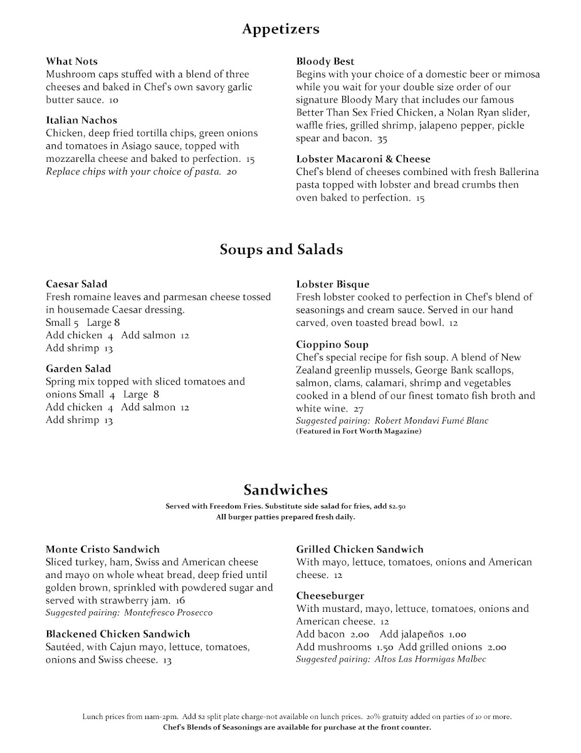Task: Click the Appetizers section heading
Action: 281,29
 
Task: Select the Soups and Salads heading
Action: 281,250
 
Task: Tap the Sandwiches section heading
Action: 285,489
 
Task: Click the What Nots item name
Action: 71,61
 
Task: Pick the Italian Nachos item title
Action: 81,120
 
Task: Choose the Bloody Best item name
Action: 325,61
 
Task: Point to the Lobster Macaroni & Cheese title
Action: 363,159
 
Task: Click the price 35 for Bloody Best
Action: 382,139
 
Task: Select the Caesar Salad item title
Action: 76,284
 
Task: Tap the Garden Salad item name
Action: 78,368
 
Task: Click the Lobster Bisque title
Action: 332,284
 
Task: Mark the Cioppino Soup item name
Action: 332,344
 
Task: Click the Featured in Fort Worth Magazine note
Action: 359,432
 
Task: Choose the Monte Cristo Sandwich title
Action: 103,549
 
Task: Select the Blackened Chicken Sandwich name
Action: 117,634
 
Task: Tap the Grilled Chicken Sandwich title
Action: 359,549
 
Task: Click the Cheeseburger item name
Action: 330,595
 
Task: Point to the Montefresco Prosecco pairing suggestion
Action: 129,612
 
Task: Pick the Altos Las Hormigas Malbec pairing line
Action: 391,659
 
